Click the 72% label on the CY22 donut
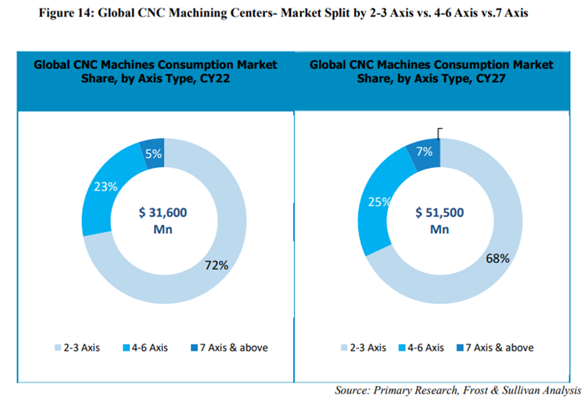(217, 265)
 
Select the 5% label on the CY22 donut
(153, 154)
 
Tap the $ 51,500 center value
(440, 212)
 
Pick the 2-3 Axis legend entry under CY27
(363, 348)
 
